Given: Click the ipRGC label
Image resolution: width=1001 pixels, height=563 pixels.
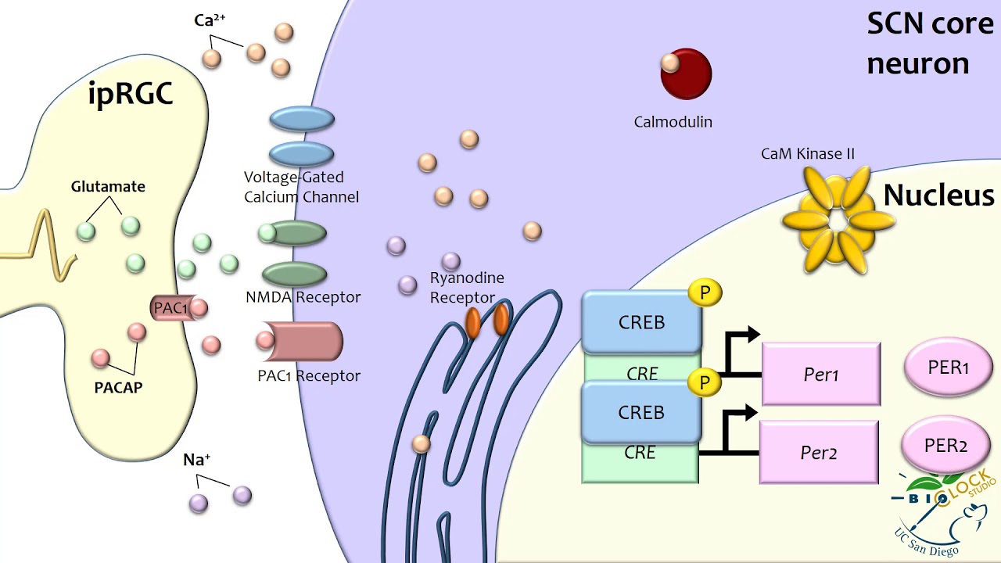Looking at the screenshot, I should (130, 95).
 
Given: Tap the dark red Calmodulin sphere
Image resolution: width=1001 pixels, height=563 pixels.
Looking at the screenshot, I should (687, 74).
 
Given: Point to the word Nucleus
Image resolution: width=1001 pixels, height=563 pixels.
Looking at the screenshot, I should (938, 195).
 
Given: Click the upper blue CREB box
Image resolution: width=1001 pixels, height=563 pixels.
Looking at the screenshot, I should (641, 322).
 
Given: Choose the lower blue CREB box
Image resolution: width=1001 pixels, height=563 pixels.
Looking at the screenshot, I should (641, 412).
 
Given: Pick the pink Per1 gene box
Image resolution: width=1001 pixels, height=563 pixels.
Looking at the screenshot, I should (821, 375).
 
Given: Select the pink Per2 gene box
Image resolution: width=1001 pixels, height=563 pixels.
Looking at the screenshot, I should (819, 452).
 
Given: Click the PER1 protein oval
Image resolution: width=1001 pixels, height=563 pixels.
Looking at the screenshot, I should (948, 368).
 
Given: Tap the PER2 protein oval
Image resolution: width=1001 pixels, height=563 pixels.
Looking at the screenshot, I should (946, 446).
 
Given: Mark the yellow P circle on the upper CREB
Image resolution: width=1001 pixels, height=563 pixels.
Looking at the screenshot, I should (705, 293).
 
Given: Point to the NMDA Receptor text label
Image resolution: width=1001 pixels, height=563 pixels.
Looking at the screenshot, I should (303, 297).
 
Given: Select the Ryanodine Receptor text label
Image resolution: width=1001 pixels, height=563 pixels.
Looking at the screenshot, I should (467, 288).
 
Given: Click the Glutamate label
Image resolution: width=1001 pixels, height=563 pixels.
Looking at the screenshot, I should (108, 187).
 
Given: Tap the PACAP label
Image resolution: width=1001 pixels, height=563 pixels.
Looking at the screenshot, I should (118, 387).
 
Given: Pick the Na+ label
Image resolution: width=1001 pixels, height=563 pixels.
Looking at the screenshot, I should (197, 460).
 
